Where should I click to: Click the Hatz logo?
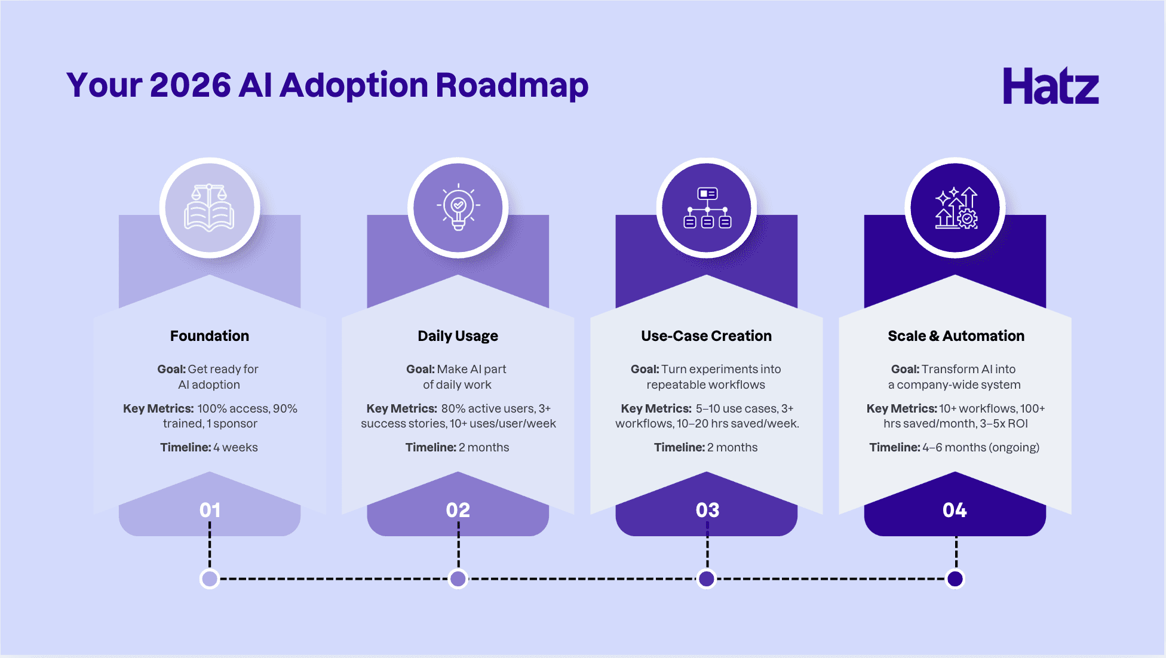point(1051,85)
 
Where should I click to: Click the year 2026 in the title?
point(190,85)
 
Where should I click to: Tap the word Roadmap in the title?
point(512,86)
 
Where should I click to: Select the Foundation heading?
point(210,336)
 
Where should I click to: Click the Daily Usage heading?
point(458,336)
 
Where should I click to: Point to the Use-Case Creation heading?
point(706,336)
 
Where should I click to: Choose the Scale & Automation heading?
point(956,336)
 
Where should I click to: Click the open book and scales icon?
point(209,208)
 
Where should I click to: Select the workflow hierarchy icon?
point(707,208)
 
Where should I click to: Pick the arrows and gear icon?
point(956,208)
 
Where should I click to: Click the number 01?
point(210,510)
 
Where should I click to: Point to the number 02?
point(458,510)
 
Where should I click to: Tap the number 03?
point(707,510)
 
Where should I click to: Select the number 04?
point(955,510)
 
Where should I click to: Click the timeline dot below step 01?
point(210,579)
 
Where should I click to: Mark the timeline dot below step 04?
point(955,579)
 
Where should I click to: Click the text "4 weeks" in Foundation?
point(235,447)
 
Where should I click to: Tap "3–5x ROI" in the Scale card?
point(1004,423)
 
